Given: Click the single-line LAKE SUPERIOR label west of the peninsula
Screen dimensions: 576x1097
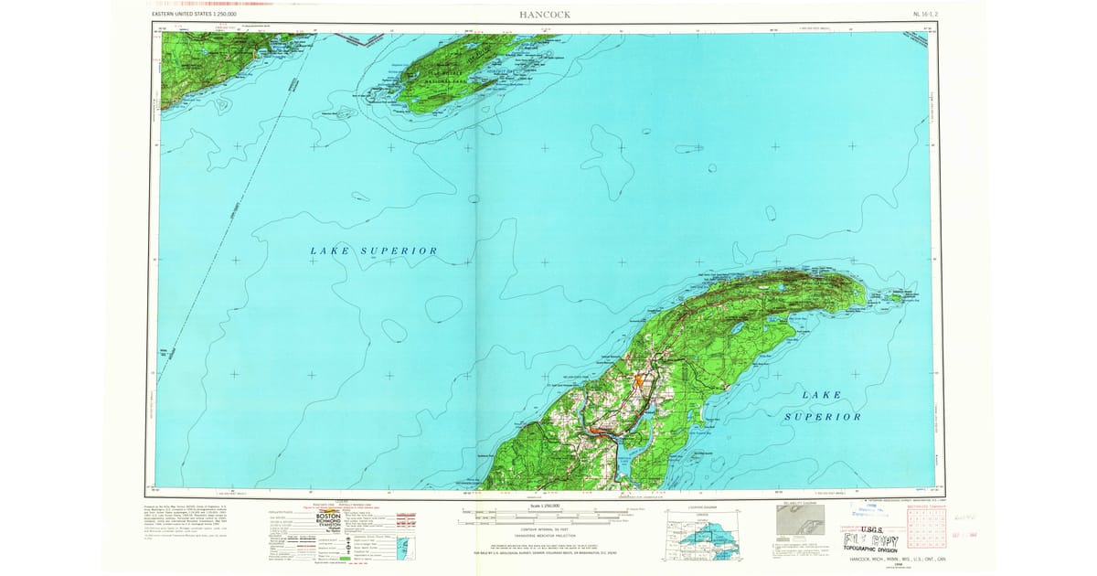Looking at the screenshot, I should coord(373,251).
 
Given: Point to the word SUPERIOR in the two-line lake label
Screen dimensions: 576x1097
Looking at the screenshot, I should coord(823,416).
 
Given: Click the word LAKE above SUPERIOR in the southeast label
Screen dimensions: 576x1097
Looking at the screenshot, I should coord(820,395).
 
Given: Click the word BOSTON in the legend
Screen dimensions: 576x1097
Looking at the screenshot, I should coord(327,516).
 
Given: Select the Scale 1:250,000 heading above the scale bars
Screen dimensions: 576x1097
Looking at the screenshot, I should coord(548,505).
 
